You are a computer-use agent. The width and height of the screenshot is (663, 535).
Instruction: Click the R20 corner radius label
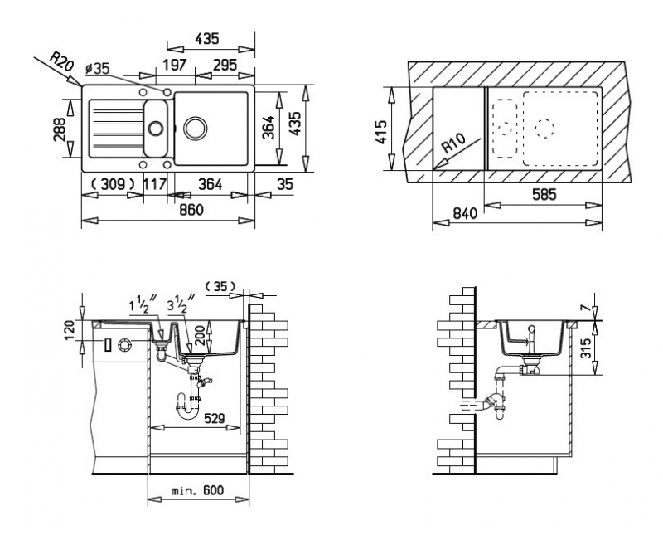pyautogui.click(x=61, y=61)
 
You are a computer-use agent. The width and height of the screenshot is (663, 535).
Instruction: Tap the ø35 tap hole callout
pyautogui.click(x=97, y=68)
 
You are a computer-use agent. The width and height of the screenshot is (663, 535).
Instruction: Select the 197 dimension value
pyautogui.click(x=175, y=65)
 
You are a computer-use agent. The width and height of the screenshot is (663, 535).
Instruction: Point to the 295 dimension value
pyautogui.click(x=224, y=65)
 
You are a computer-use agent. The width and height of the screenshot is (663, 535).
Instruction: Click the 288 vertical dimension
pyautogui.click(x=60, y=129)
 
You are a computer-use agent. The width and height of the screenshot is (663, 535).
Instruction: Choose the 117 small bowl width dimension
pyautogui.click(x=155, y=184)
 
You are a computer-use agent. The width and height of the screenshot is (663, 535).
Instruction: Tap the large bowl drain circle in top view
pyautogui.click(x=196, y=128)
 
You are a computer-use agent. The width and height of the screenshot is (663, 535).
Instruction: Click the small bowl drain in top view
pyautogui.click(x=156, y=128)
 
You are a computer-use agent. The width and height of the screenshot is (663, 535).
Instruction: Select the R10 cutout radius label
pyautogui.click(x=452, y=143)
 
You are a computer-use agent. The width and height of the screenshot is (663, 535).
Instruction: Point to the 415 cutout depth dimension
pyautogui.click(x=381, y=132)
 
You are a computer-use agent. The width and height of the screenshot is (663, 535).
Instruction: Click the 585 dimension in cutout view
pyautogui.click(x=544, y=195)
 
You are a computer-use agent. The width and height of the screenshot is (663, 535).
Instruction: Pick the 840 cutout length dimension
pyautogui.click(x=464, y=212)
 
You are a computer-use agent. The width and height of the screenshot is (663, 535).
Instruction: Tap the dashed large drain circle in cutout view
pyautogui.click(x=544, y=127)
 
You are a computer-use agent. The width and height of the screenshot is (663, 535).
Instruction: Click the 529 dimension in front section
pyautogui.click(x=215, y=419)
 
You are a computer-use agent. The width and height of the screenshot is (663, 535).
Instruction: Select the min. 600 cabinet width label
pyautogui.click(x=198, y=490)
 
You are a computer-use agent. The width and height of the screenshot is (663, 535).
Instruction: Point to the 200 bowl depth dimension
pyautogui.click(x=201, y=334)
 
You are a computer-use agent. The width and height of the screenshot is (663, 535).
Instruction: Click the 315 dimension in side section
pyautogui.click(x=585, y=348)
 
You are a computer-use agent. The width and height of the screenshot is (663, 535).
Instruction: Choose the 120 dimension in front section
pyautogui.click(x=70, y=331)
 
